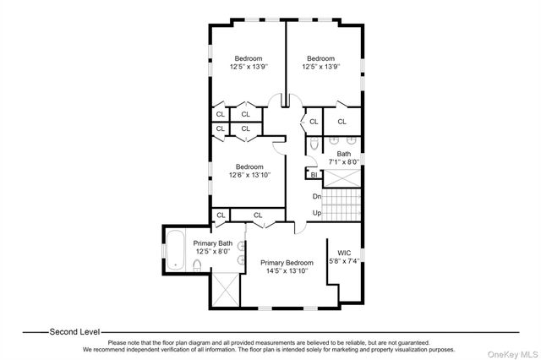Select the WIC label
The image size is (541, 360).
point(344,252)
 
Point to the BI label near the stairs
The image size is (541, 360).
point(314,175)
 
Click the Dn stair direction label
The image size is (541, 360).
point(316,196)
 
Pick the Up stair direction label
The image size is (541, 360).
point(316,212)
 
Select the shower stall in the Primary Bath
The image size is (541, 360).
point(224,292)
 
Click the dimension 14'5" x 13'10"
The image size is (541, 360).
point(287,270)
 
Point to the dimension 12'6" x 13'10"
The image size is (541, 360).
point(249,175)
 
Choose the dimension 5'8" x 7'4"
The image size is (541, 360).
point(344,261)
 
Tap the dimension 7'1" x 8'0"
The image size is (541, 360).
point(344,161)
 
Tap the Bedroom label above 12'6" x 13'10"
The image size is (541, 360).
point(249,166)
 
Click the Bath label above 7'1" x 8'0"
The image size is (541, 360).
point(344,153)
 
